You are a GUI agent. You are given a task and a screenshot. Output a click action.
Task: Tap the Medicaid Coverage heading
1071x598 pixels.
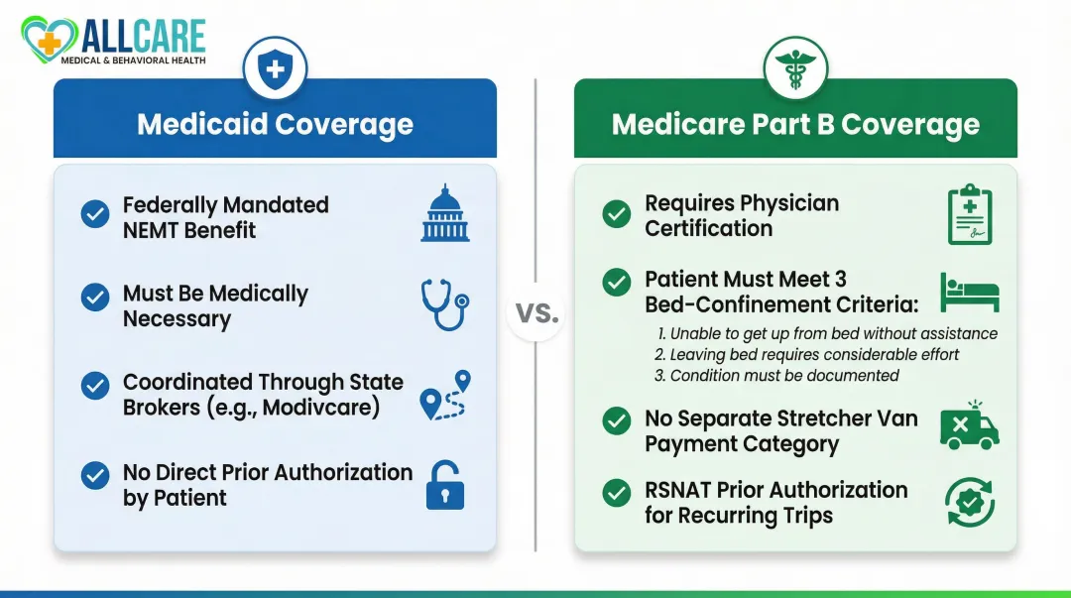pos(275,124)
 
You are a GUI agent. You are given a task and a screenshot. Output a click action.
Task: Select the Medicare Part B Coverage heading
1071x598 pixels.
pos(795,124)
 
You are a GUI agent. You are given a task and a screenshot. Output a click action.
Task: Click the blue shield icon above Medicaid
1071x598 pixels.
pos(275,68)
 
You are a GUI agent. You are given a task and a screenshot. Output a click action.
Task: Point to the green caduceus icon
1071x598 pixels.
pos(795,68)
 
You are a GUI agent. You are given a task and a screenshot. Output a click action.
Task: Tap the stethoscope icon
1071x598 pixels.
pos(445,302)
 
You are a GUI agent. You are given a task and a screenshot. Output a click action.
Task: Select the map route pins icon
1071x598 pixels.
pos(445,395)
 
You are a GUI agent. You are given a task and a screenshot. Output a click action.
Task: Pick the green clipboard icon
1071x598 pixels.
pos(969,214)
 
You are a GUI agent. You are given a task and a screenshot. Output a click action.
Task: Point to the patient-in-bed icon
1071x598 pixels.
pos(969,292)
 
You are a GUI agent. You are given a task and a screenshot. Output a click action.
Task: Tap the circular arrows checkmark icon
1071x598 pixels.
pos(969,502)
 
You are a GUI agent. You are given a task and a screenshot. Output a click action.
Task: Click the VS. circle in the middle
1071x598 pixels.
pos(535,314)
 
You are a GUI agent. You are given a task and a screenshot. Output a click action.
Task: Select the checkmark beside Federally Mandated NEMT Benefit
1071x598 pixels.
pos(95,214)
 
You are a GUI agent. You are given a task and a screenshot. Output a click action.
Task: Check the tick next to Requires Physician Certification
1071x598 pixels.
pos(617,214)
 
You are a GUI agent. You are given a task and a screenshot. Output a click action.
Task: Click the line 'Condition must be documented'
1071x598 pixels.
pos(776,376)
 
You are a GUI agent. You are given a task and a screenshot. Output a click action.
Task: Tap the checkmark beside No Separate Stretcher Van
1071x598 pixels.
pos(617,420)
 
